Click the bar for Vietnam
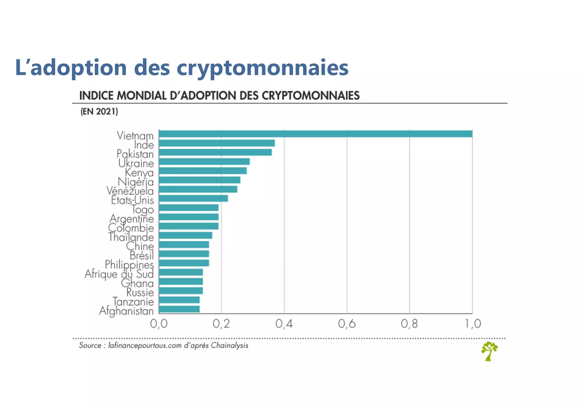(x=315, y=134)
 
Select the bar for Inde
(x=217, y=143)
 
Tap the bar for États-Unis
(x=193, y=198)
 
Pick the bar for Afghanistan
(x=179, y=309)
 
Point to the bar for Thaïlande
(x=185, y=235)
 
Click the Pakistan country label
(x=135, y=154)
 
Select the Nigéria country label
(x=136, y=182)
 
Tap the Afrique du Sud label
(x=119, y=274)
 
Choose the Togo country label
(x=142, y=209)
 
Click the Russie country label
(x=140, y=292)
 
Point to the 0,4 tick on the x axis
(x=284, y=324)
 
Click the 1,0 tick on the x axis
(x=473, y=324)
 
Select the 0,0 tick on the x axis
(x=159, y=324)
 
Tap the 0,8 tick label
(x=409, y=324)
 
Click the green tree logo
(x=489, y=351)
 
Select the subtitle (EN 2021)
(x=99, y=111)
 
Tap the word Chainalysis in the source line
(x=229, y=345)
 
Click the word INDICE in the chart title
(x=97, y=96)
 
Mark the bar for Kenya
(x=203, y=171)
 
